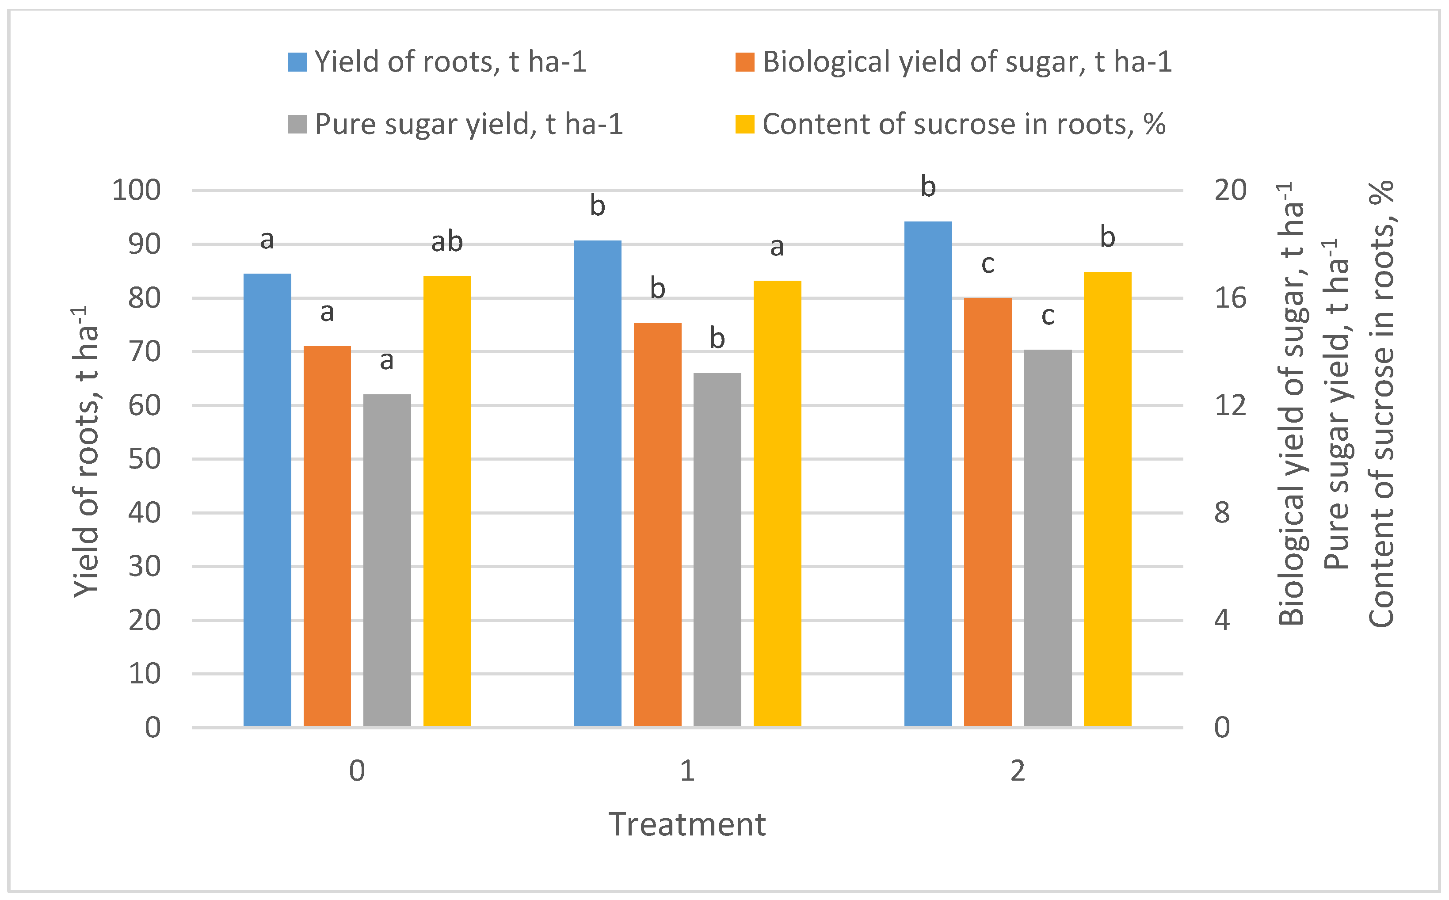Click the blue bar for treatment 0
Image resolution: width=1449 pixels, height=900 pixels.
point(267,500)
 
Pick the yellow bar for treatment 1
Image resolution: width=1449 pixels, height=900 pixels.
point(777,503)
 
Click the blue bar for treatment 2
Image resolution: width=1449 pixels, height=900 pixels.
point(928,473)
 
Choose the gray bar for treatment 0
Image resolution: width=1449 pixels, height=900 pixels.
point(387,560)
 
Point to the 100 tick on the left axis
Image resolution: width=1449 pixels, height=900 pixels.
point(137,191)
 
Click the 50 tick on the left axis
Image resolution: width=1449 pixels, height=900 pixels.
point(145,459)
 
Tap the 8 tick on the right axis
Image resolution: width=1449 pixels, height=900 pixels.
point(1222,512)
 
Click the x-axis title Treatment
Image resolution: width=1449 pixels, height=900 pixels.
point(687,824)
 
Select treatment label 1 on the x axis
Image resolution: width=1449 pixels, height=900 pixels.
point(687,771)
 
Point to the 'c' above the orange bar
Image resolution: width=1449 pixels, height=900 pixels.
point(988,264)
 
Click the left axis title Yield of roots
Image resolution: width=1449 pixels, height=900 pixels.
point(86,452)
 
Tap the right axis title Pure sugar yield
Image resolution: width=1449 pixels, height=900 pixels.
point(1336,405)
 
